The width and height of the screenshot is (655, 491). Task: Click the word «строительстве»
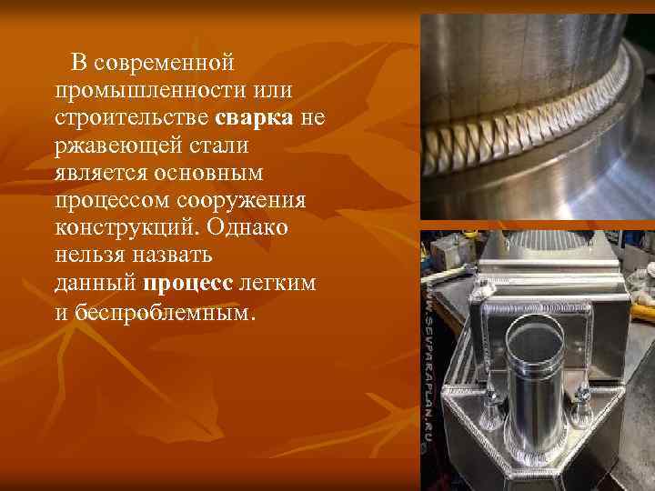132,118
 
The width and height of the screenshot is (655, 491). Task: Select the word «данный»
95,283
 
